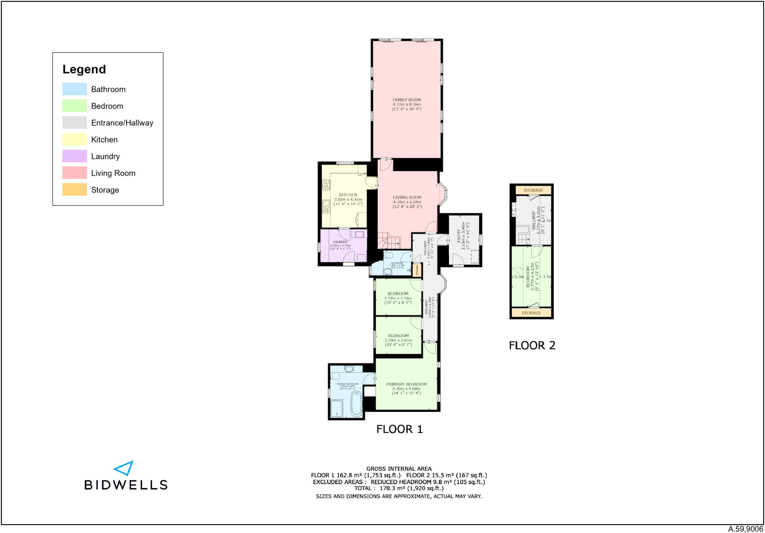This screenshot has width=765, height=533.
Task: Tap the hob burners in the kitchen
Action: (326, 185)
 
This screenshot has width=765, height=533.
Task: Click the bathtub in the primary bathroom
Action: (356, 404)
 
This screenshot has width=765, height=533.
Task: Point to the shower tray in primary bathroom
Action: (337, 409)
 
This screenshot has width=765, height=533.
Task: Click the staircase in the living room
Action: (389, 241)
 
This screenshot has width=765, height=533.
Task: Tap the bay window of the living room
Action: (443, 194)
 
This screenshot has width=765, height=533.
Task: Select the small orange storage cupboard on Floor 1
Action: (417, 270)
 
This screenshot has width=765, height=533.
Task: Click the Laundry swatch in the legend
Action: (74, 156)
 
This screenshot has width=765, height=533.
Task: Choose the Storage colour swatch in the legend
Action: (74, 190)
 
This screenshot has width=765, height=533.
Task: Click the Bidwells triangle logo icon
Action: (124, 468)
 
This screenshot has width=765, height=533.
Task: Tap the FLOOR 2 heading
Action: (532, 345)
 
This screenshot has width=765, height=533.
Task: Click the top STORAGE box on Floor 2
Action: (533, 190)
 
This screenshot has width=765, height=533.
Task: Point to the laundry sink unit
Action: (359, 234)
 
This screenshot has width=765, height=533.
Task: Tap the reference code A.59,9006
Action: (745, 529)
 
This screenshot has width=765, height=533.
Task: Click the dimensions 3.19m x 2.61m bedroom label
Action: (398, 340)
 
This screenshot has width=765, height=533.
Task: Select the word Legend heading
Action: (84, 69)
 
